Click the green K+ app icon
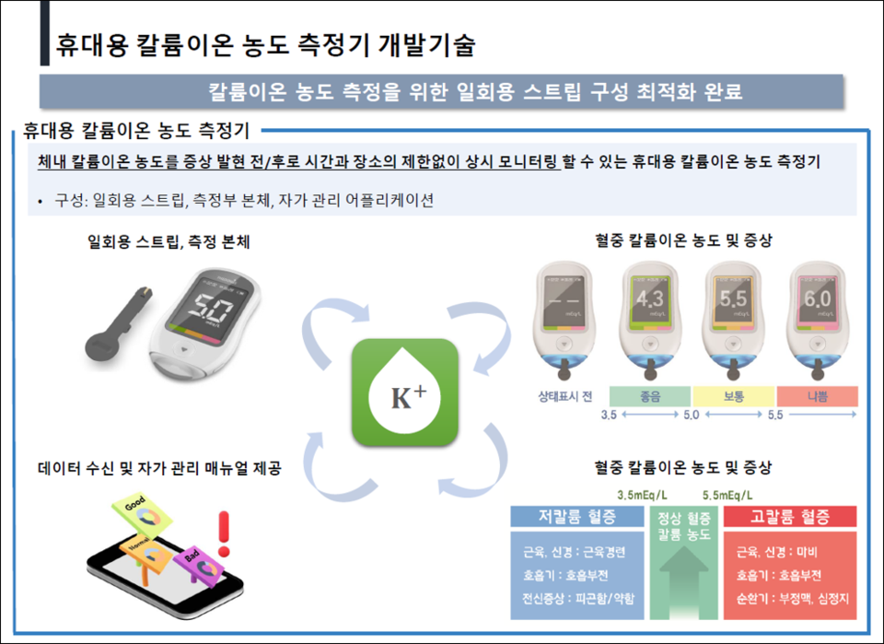(405, 390)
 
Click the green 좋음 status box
(650, 396)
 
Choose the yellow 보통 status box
(734, 396)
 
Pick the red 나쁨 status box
(818, 396)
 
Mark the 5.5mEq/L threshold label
(734, 494)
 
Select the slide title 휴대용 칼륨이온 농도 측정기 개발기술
(266, 43)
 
